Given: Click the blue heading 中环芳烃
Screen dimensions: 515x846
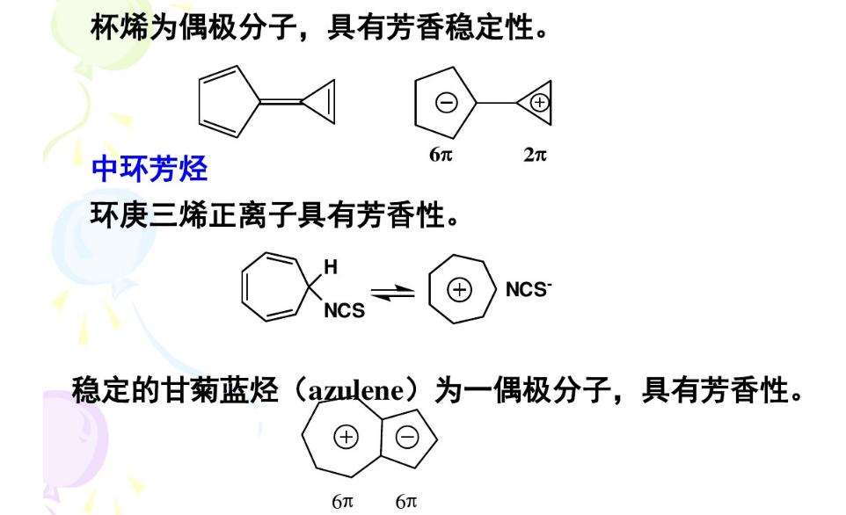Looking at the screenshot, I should click(150, 169).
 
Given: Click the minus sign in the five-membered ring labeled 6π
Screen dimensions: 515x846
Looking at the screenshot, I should click(446, 103).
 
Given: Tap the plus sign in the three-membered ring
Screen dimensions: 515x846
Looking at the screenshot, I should click(540, 103).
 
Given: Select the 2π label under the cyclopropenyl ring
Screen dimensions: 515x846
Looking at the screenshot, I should click(535, 155).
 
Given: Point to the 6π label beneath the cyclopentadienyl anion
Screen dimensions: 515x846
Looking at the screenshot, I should click(441, 155).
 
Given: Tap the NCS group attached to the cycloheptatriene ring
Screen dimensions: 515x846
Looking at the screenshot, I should click(344, 311).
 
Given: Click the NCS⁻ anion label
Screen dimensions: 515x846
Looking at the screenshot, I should click(528, 290).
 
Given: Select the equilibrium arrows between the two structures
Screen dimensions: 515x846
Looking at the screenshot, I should click(391, 292).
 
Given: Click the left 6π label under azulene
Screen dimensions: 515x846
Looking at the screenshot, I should click(343, 501).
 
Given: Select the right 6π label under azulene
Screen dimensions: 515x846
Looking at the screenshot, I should click(405, 501).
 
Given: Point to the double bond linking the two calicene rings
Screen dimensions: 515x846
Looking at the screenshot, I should click(281, 103).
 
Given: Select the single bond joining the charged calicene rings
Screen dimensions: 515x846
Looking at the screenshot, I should click(497, 103).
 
